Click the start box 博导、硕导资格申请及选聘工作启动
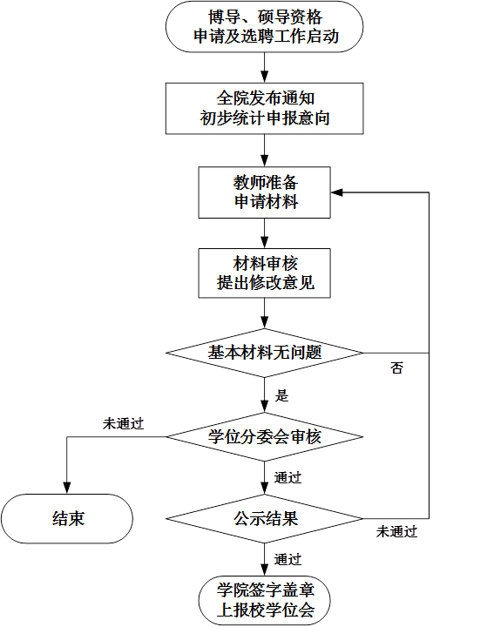(265, 27)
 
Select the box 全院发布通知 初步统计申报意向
(265, 108)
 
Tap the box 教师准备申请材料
(265, 192)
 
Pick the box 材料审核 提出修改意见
(265, 273)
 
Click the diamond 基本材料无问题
(265, 353)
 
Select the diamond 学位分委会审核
(265, 436)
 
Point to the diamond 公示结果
(265, 519)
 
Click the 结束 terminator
(67, 519)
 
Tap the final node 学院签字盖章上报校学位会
(265, 601)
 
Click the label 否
(396, 367)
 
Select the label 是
(281, 396)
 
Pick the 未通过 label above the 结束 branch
(123, 424)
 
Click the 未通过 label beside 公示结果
(396, 532)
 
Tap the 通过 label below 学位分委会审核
(287, 477)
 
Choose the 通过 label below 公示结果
(287, 559)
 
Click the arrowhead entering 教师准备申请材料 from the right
(336, 192)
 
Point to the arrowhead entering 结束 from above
(67, 488)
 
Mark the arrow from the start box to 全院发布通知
(265, 68)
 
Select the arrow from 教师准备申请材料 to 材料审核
(265, 233)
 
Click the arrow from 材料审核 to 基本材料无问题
(265, 313)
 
